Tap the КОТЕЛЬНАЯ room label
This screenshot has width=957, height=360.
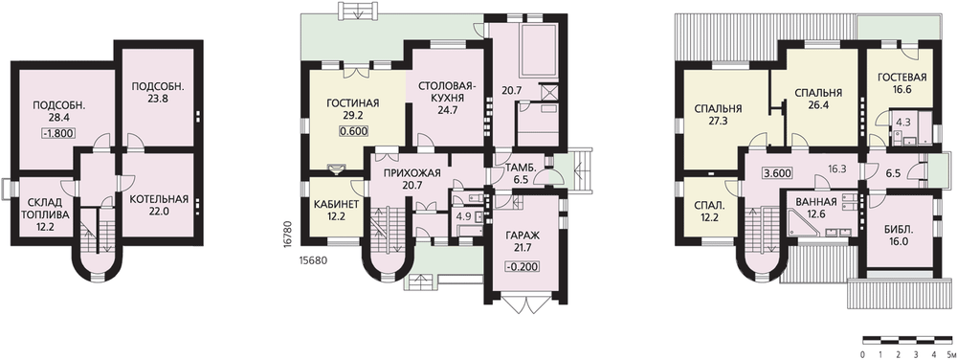click(159, 199)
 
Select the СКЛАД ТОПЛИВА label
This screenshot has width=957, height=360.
click(43, 208)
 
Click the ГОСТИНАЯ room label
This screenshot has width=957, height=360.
click(353, 102)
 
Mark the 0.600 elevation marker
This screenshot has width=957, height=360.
click(353, 130)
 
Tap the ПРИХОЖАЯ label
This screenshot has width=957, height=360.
click(412, 173)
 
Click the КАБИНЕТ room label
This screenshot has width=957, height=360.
click(336, 204)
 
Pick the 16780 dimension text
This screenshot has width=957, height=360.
click(287, 233)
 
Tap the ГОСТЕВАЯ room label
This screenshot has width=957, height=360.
click(902, 78)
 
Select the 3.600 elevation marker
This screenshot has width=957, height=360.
click(777, 172)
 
